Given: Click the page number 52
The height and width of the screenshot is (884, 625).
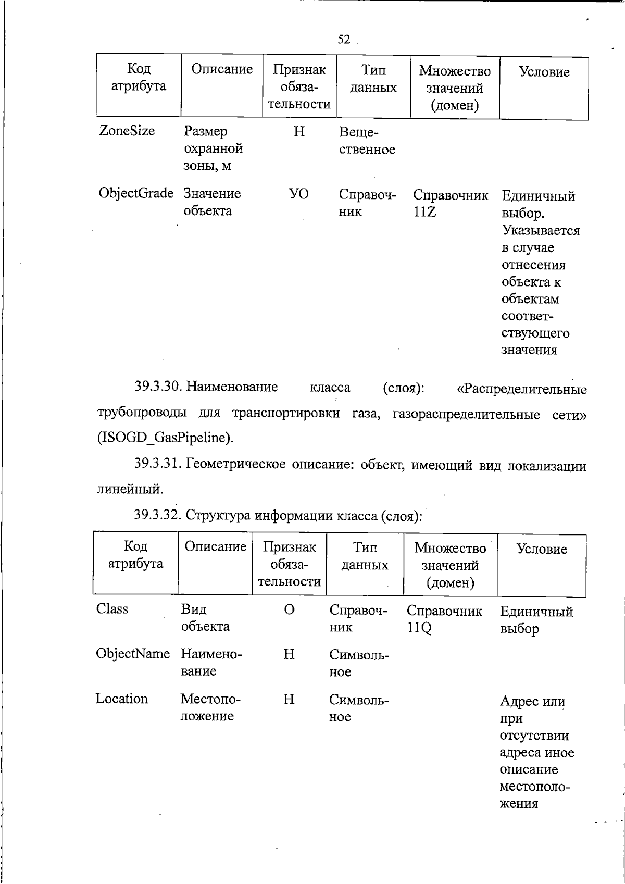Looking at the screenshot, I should pyautogui.click(x=344, y=40).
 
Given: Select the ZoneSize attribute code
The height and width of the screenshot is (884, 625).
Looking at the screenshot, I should pyautogui.click(x=127, y=131).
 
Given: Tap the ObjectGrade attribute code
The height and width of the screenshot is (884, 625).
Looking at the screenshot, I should pyautogui.click(x=136, y=193).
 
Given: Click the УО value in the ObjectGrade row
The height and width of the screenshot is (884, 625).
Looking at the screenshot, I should pyautogui.click(x=299, y=194).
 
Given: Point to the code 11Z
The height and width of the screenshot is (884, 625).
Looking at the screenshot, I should pyautogui.click(x=424, y=212).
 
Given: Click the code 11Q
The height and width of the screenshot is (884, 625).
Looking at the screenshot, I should pyautogui.click(x=419, y=628).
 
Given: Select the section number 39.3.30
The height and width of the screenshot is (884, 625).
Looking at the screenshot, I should pyautogui.click(x=157, y=387).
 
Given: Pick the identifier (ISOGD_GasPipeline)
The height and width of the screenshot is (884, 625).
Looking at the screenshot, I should pyautogui.click(x=166, y=438).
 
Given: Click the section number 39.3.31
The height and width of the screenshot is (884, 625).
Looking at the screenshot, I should pyautogui.click(x=157, y=464).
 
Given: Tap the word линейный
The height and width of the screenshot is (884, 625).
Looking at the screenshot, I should pyautogui.click(x=130, y=489).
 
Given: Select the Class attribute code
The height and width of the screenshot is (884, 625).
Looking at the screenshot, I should pyautogui.click(x=112, y=609).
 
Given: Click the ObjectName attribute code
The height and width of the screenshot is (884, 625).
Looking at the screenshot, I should pyautogui.click(x=133, y=654).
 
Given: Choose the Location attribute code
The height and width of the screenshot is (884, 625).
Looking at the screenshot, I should pyautogui.click(x=122, y=699).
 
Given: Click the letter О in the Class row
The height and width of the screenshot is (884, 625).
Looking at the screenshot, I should pyautogui.click(x=290, y=609).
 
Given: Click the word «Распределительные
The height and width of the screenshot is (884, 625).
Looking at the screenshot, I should pyautogui.click(x=521, y=389).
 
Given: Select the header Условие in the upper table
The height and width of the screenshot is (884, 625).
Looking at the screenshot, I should pyautogui.click(x=544, y=72).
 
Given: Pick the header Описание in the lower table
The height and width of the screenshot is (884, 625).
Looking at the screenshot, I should pyautogui.click(x=215, y=547).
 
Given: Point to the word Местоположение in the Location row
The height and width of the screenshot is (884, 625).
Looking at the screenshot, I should pyautogui.click(x=207, y=707).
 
